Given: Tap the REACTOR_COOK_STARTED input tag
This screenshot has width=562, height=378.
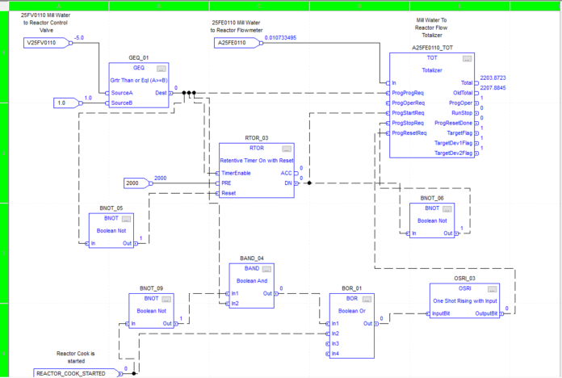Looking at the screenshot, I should pyautogui.click(x=74, y=372).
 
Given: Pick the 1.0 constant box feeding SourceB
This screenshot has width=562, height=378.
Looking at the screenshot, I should pyautogui.click(x=61, y=103).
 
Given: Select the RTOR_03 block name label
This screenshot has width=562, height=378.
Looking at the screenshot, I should pyautogui.click(x=256, y=138).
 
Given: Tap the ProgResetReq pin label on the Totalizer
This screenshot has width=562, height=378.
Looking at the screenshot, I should pyautogui.click(x=409, y=132).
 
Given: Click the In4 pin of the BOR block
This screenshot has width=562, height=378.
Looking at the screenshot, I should pyautogui.click(x=336, y=353).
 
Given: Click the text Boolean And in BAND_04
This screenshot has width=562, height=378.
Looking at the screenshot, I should pyautogui.click(x=251, y=280).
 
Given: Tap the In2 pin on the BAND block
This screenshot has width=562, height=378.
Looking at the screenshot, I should pyautogui.click(x=235, y=303).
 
